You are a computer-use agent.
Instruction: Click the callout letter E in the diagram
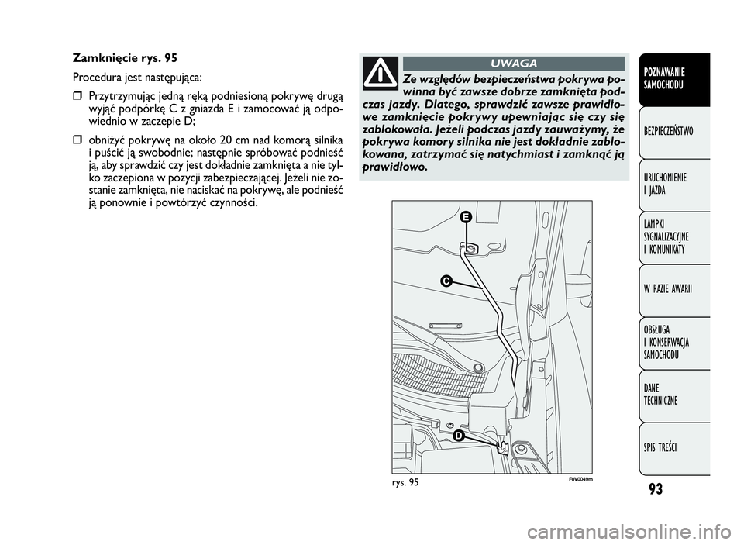466,217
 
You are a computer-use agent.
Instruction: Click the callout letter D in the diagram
457,436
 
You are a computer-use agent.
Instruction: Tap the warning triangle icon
380,74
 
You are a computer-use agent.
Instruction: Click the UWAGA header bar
513,64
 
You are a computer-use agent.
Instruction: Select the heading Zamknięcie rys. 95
126,58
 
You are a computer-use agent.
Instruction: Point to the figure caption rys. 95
405,483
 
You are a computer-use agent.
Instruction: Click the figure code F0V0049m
581,479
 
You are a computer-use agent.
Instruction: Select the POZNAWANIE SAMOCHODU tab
674,79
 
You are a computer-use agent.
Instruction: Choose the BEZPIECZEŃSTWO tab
674,133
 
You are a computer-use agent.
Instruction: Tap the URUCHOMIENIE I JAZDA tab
674,185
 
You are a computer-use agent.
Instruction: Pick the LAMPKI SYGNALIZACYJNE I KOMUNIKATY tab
674,238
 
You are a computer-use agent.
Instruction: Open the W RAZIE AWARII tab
674,291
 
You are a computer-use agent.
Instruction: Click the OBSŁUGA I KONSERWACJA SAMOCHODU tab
674,343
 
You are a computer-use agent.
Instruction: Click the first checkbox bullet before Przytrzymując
77,98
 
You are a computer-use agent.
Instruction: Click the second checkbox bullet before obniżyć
77,140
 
